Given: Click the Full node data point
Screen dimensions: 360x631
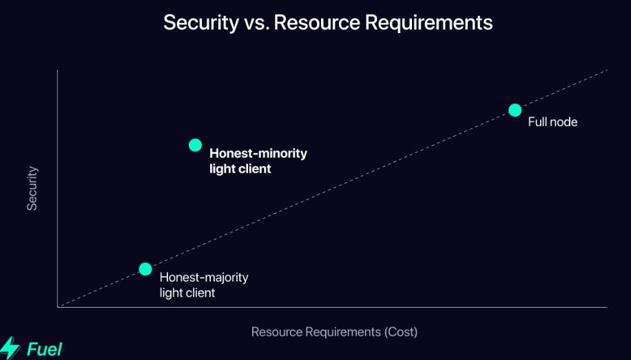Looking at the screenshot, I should (515, 110).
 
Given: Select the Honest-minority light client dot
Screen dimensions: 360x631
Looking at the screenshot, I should (195, 145).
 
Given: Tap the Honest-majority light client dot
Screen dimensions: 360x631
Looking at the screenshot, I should (145, 268).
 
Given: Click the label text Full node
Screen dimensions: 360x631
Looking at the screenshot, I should (552, 123).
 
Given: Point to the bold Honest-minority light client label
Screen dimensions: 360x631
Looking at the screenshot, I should (258, 160).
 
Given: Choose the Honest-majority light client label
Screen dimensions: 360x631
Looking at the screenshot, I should (203, 285).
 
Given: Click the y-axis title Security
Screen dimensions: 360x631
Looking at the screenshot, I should (32, 188).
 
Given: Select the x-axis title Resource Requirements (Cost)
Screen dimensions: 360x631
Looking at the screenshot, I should (334, 332).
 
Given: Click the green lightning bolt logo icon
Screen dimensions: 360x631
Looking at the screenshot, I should (10, 348).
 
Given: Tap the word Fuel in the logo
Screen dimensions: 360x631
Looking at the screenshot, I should (44, 349).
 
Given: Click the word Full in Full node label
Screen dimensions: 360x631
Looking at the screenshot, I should (537, 123).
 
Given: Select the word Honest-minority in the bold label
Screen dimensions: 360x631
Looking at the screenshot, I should (258, 153).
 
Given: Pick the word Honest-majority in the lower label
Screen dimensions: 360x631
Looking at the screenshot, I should (203, 278).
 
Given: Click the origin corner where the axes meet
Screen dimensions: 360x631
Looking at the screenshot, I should (58, 306).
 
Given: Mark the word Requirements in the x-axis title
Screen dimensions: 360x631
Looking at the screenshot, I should (346, 332).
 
